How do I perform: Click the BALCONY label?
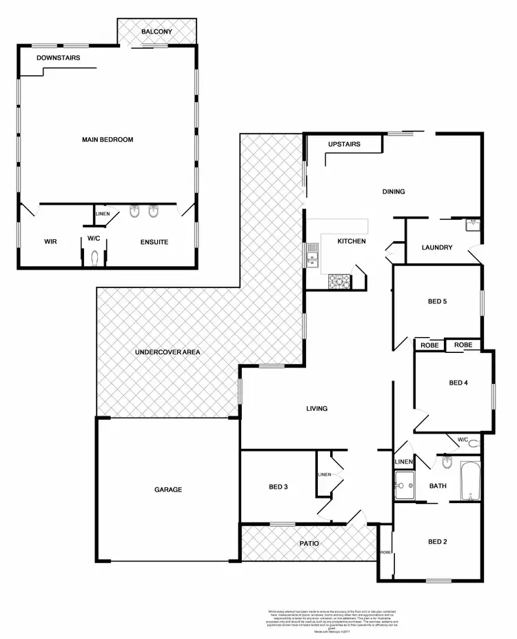coord(156,32)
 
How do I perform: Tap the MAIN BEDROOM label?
coord(108,140)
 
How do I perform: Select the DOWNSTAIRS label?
coord(59,58)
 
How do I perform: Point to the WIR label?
coord(50,242)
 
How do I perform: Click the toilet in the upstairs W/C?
coord(94,257)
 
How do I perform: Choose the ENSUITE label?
coord(154,242)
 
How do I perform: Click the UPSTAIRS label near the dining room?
coord(345,145)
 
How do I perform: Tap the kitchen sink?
coord(313,254)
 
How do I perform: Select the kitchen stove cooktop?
coord(338,280)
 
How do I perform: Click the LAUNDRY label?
coord(437,247)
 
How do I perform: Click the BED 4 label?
coord(458,383)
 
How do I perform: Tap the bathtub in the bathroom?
coord(470,481)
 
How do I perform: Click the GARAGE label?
coord(168,490)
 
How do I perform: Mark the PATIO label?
coord(308,543)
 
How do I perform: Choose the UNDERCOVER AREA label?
coord(168,352)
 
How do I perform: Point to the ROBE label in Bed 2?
coord(385,553)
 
